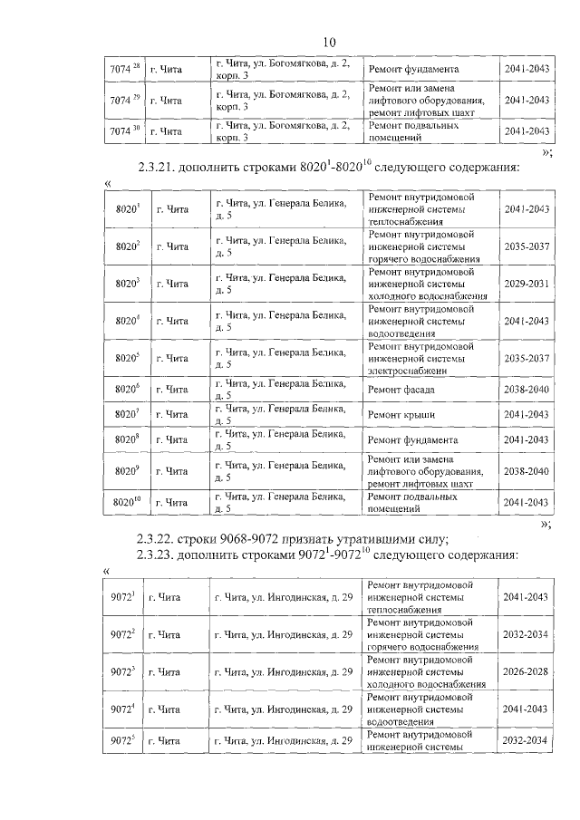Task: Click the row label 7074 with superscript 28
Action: point(123,70)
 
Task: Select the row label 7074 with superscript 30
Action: point(123,132)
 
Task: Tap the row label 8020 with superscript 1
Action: point(128,209)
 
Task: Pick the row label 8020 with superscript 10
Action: point(128,501)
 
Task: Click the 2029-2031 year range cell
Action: point(527,284)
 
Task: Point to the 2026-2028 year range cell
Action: point(525,672)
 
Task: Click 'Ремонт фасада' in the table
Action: point(401,390)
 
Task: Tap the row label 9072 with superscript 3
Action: point(123,672)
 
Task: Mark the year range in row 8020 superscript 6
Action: point(527,390)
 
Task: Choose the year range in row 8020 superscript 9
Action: point(527,471)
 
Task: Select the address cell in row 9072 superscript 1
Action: point(282,598)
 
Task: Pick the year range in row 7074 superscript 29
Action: point(527,101)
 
